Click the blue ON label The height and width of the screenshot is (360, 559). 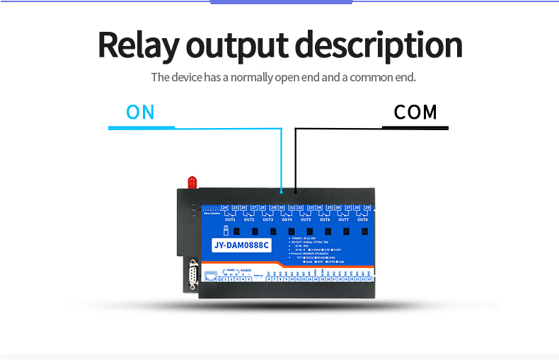tap(140, 112)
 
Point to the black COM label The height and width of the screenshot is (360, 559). tap(415, 112)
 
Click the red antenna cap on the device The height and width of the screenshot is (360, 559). tap(191, 182)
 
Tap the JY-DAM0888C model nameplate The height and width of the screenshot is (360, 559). tap(241, 245)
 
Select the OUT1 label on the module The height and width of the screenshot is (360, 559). tap(229, 220)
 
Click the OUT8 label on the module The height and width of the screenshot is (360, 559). tap(362, 220)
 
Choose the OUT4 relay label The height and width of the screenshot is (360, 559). tap(287, 220)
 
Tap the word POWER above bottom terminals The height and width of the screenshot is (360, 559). tap(245, 270)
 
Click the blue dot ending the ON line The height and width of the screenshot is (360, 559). tap(282, 191)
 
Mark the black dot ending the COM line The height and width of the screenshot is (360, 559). tap(295, 191)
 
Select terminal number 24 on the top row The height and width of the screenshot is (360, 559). tap(224, 208)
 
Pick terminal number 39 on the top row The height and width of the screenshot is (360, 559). tap(367, 208)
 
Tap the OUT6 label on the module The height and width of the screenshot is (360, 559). tap(325, 220)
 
